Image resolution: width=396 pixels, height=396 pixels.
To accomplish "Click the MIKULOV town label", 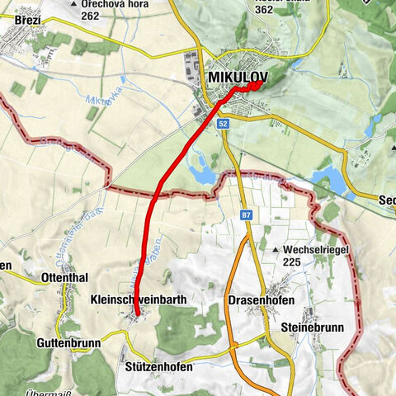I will click(234, 77).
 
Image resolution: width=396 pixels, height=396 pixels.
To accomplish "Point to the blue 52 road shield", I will click(224, 123).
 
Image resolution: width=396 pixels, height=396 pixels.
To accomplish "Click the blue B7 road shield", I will click(246, 215).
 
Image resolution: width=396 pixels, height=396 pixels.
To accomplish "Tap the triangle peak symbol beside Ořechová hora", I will click(76, 4).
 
